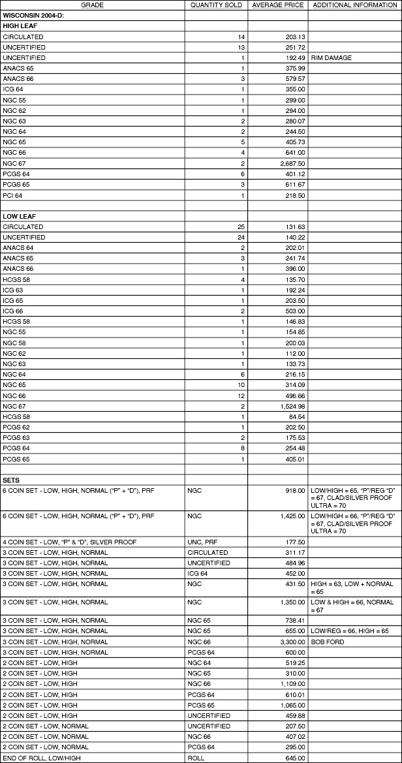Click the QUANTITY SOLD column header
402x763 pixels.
(x=216, y=5)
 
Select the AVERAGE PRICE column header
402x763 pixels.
(x=278, y=5)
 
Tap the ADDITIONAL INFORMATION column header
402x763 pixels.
(x=354, y=5)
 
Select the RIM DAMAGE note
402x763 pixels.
(x=332, y=58)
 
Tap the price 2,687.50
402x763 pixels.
(x=292, y=163)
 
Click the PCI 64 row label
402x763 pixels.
(x=12, y=195)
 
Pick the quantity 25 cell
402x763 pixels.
(x=240, y=226)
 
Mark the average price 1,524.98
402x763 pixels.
(x=292, y=406)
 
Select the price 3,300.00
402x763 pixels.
(x=292, y=642)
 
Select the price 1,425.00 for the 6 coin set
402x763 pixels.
(x=292, y=516)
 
